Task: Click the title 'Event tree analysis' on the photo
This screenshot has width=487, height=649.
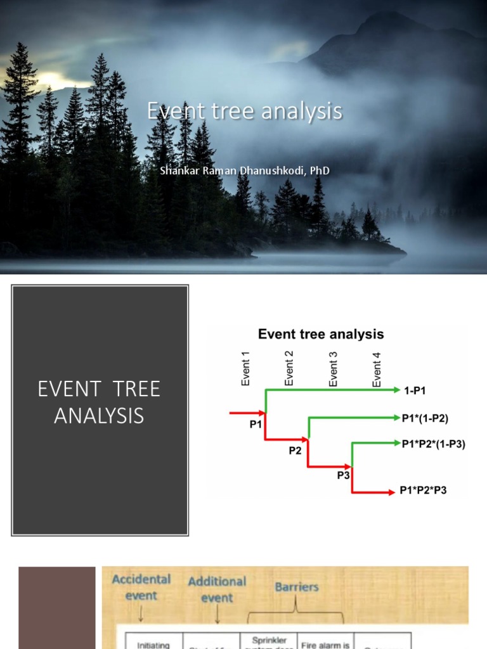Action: pyautogui.click(x=244, y=112)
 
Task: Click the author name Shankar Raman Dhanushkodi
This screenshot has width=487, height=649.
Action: pyautogui.click(x=244, y=170)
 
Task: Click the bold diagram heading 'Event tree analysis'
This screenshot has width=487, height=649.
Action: pyautogui.click(x=321, y=334)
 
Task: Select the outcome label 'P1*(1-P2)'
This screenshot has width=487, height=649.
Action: pyautogui.click(x=429, y=418)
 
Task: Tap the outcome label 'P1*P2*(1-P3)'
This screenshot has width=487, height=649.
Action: pyautogui.click(x=434, y=444)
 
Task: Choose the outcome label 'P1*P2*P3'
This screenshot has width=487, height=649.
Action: pyautogui.click(x=423, y=490)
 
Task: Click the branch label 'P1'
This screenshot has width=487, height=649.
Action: pyautogui.click(x=256, y=425)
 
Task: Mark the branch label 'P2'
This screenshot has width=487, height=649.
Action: pyautogui.click(x=295, y=451)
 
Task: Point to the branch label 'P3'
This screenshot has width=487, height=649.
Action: pyautogui.click(x=343, y=475)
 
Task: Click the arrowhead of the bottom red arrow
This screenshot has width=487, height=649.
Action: pyautogui.click(x=390, y=492)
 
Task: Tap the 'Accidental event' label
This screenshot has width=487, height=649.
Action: pyautogui.click(x=141, y=586)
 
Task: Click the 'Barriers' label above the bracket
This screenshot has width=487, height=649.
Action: pyautogui.click(x=295, y=586)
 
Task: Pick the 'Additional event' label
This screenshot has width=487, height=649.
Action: pyautogui.click(x=217, y=589)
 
